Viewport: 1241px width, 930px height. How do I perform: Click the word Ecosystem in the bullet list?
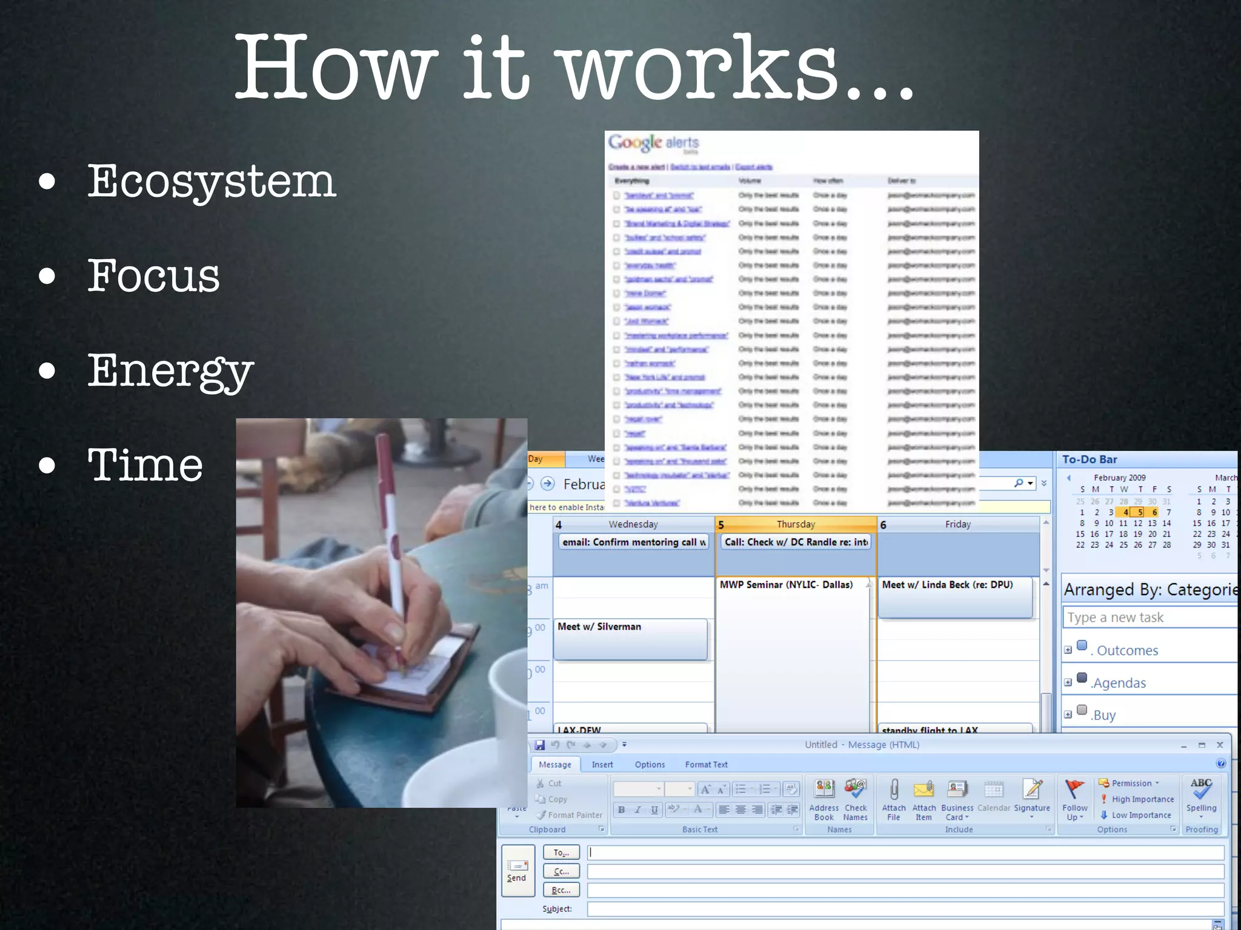pyautogui.click(x=211, y=182)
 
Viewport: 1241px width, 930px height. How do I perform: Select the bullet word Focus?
pyautogui.click(x=153, y=276)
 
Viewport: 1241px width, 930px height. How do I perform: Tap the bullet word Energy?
pyautogui.click(x=170, y=371)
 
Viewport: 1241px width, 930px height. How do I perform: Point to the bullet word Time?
pyautogui.click(x=145, y=465)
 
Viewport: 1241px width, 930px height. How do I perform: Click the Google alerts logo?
pyautogui.click(x=653, y=143)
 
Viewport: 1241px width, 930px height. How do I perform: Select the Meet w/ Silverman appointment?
pyautogui.click(x=630, y=638)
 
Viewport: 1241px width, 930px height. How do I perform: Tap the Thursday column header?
pyautogui.click(x=796, y=524)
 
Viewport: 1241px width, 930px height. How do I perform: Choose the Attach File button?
pyautogui.click(x=894, y=799)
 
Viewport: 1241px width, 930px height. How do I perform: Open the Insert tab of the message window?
pyautogui.click(x=602, y=765)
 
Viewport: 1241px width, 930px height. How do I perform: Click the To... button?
pyautogui.click(x=561, y=852)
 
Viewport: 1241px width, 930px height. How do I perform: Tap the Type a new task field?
pyautogui.click(x=1149, y=618)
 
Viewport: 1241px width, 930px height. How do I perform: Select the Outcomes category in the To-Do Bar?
pyautogui.click(x=1127, y=650)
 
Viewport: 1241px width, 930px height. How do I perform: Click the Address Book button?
pyautogui.click(x=824, y=799)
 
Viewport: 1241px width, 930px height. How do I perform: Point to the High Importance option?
pyautogui.click(x=1142, y=799)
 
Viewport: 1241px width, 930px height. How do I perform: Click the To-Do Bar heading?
pyautogui.click(x=1090, y=460)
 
